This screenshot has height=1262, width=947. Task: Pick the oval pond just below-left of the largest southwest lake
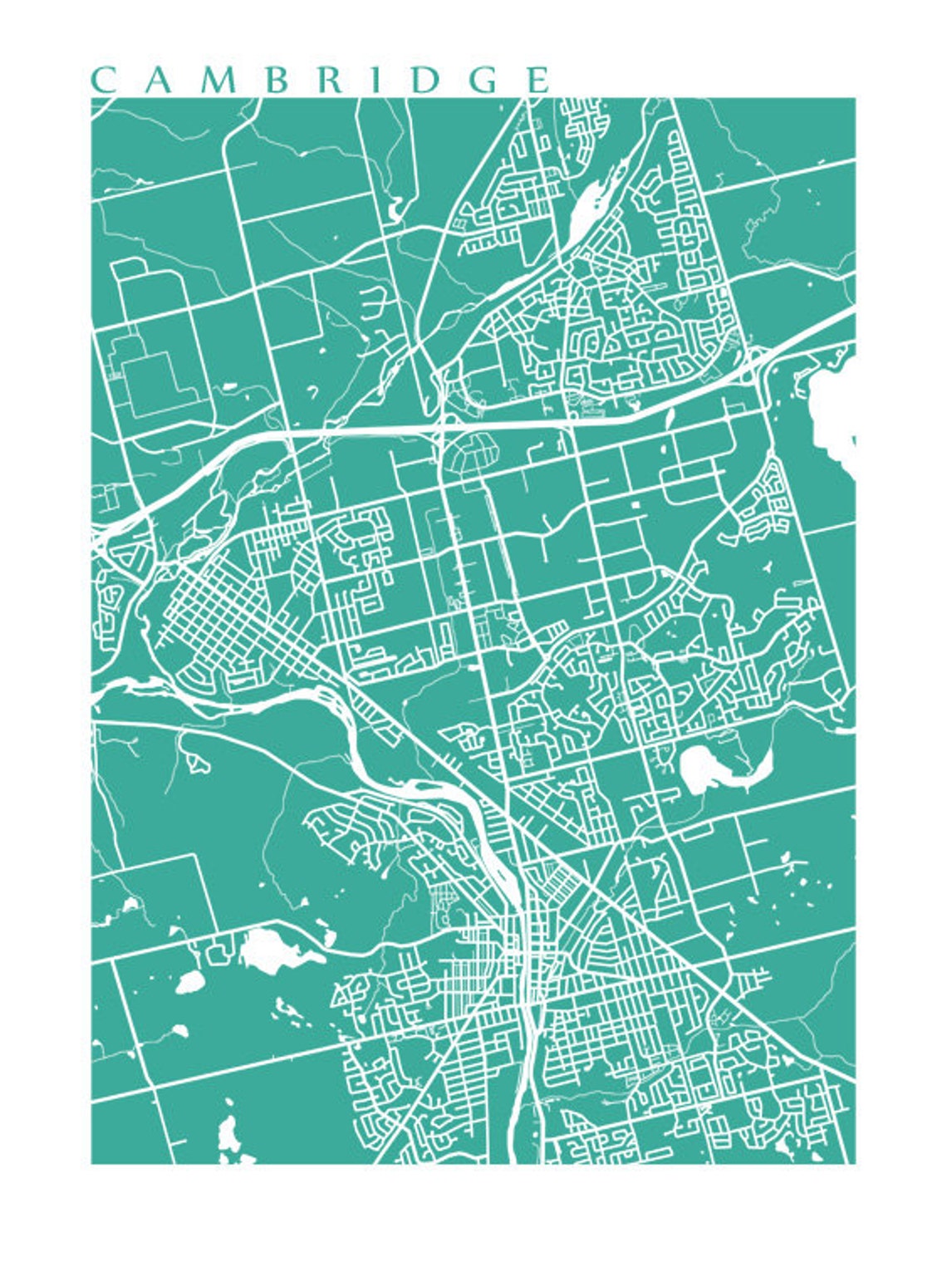coord(190,983)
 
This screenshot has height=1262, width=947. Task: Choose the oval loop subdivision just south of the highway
coord(472,454)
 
